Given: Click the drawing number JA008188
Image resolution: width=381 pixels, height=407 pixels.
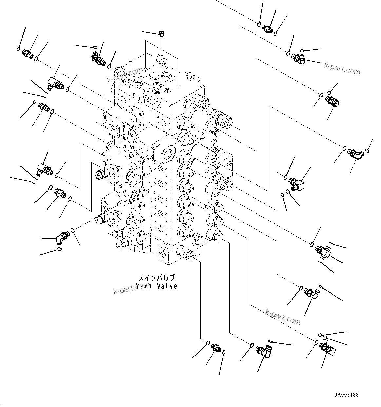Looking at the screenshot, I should click(347, 395).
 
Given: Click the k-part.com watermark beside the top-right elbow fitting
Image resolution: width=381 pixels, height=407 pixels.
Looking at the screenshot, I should click(342, 68).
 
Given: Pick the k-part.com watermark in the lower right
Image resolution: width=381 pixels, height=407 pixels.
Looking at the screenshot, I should click(283, 317).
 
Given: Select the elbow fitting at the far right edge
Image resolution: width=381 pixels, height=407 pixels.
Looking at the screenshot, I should click(355, 153).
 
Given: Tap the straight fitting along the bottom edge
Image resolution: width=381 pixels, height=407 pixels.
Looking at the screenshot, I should click(216, 347).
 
